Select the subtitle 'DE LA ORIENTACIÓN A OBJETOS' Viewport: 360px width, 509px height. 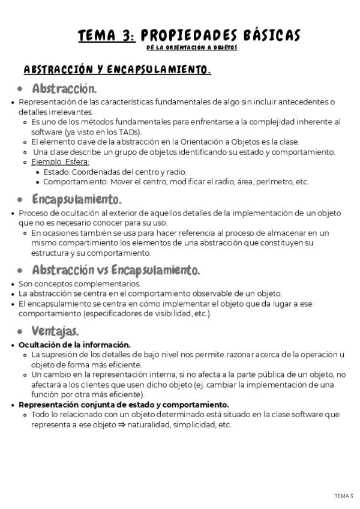click(192, 47)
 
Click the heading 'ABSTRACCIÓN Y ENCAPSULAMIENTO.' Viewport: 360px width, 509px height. click(116, 70)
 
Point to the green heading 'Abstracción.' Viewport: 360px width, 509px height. click(64, 89)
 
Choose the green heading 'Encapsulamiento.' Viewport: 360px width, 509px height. click(77, 199)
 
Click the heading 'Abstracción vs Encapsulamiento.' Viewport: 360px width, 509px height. click(116, 270)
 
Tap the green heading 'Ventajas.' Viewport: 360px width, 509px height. click(55, 331)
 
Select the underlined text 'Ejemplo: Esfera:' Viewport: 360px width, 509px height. click(60, 162)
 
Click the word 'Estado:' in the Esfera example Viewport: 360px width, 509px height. click(57, 172)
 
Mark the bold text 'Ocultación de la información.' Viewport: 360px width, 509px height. click(74, 345)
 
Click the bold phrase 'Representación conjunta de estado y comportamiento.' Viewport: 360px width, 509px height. click(124, 405)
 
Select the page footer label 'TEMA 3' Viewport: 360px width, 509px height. click(344, 495)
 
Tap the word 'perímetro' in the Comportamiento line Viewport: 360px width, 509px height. click(269, 181)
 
